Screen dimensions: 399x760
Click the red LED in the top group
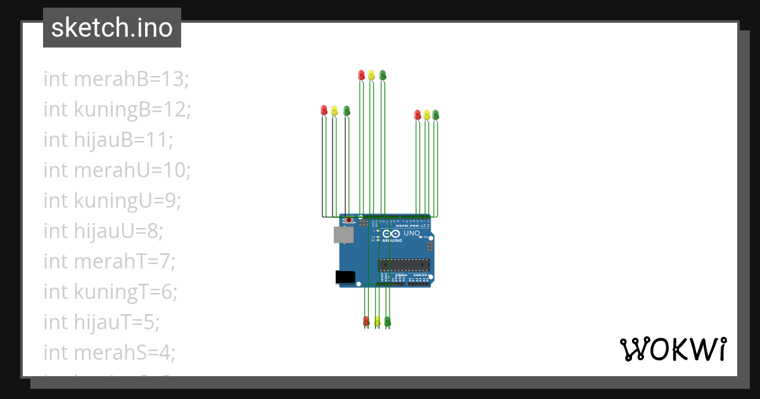click(x=362, y=75)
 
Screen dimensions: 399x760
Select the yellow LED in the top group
click(x=371, y=75)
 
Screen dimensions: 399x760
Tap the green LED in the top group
click(x=382, y=75)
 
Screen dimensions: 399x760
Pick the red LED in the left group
click(x=324, y=110)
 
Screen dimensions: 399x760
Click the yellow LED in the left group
click(x=334, y=110)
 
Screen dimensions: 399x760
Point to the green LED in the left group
click(x=346, y=110)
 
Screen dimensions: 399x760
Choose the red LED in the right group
click(x=417, y=115)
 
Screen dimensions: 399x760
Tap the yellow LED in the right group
click(x=427, y=115)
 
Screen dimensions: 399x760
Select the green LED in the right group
click(x=436, y=115)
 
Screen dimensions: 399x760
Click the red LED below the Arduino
click(x=366, y=321)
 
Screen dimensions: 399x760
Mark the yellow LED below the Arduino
click(x=377, y=321)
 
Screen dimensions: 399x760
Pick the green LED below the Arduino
click(x=388, y=321)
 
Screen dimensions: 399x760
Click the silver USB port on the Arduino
click(x=344, y=235)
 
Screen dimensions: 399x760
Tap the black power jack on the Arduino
click(x=345, y=277)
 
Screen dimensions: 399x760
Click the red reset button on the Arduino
click(x=349, y=220)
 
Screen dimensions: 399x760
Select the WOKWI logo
click(x=672, y=349)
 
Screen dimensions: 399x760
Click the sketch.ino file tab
click(x=112, y=28)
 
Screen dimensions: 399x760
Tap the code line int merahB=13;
click(x=117, y=79)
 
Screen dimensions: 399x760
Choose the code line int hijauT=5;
click(x=101, y=322)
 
